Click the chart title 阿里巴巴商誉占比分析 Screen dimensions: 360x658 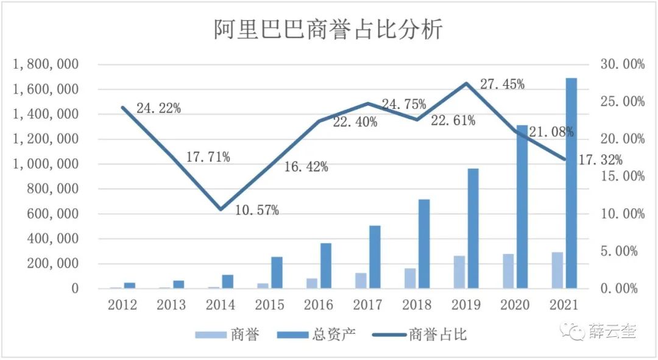click(328, 29)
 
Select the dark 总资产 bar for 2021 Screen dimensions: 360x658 click(571, 183)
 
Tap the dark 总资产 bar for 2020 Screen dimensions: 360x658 click(522, 206)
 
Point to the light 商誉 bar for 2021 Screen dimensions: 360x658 click(557, 270)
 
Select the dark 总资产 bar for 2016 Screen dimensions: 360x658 click(325, 266)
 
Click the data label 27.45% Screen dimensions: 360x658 click(502, 85)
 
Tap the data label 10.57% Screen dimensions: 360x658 click(258, 211)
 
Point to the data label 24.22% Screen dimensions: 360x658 click(158, 108)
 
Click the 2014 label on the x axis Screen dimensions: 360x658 click(220, 304)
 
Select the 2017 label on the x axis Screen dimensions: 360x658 click(367, 304)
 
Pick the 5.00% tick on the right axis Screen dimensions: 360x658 click(623, 251)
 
